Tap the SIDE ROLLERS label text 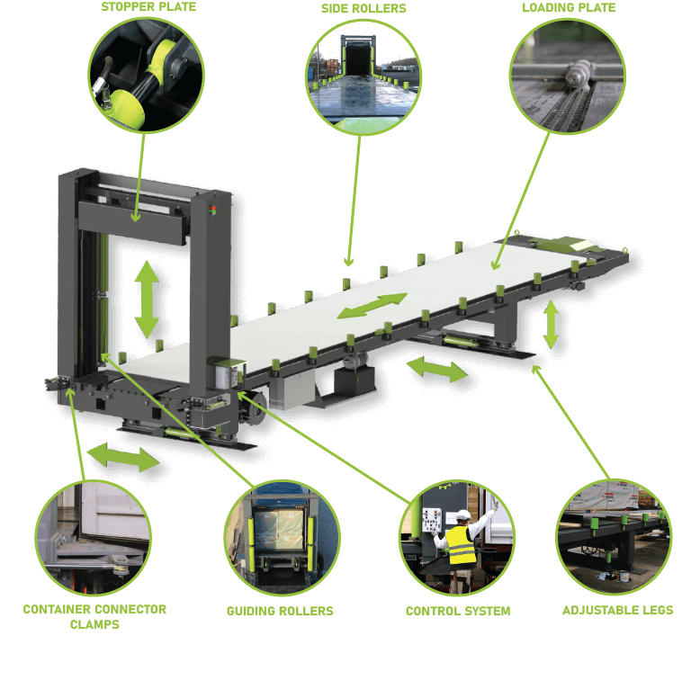click(x=363, y=9)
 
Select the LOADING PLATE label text click(x=569, y=8)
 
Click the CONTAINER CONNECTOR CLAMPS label click(x=94, y=616)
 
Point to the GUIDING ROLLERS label click(x=280, y=612)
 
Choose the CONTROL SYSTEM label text click(x=457, y=612)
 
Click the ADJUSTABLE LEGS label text click(x=617, y=611)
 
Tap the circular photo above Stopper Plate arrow click(x=146, y=76)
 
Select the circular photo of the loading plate click(x=567, y=76)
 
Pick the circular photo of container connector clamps click(x=93, y=538)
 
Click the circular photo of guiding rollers click(x=282, y=538)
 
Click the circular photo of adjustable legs click(x=615, y=538)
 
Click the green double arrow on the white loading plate click(x=372, y=306)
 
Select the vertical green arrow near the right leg click(x=551, y=325)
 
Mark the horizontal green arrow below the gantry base click(x=123, y=456)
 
